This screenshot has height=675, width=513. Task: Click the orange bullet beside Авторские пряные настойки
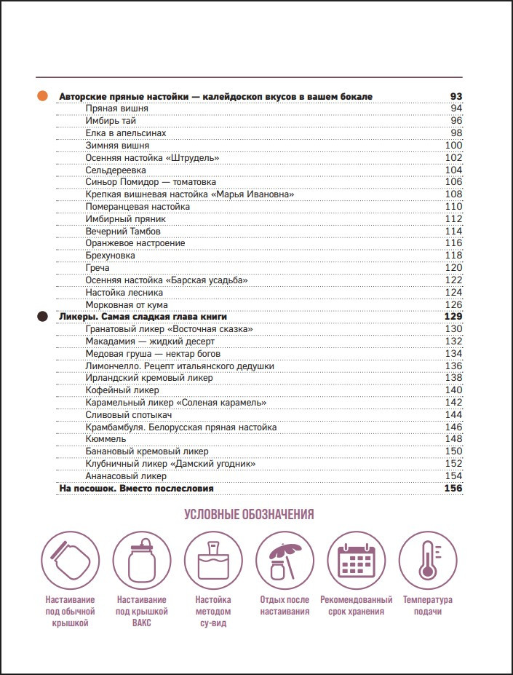(x=42, y=96)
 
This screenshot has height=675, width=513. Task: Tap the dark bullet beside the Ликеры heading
(x=42, y=317)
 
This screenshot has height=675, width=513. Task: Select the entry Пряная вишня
(x=116, y=108)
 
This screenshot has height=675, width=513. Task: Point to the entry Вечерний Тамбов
(x=123, y=231)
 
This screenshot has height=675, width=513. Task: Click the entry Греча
(x=98, y=268)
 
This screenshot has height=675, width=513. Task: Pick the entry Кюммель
(x=106, y=439)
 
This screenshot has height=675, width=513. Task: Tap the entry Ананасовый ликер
(x=126, y=476)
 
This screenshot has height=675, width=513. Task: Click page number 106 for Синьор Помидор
(x=454, y=182)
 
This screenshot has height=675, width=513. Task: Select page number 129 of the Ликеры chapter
(x=453, y=317)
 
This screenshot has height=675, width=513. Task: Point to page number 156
(x=453, y=489)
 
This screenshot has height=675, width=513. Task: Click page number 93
(x=456, y=96)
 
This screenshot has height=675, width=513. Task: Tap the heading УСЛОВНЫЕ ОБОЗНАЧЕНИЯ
(x=249, y=515)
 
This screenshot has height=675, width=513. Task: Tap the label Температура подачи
(x=427, y=606)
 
